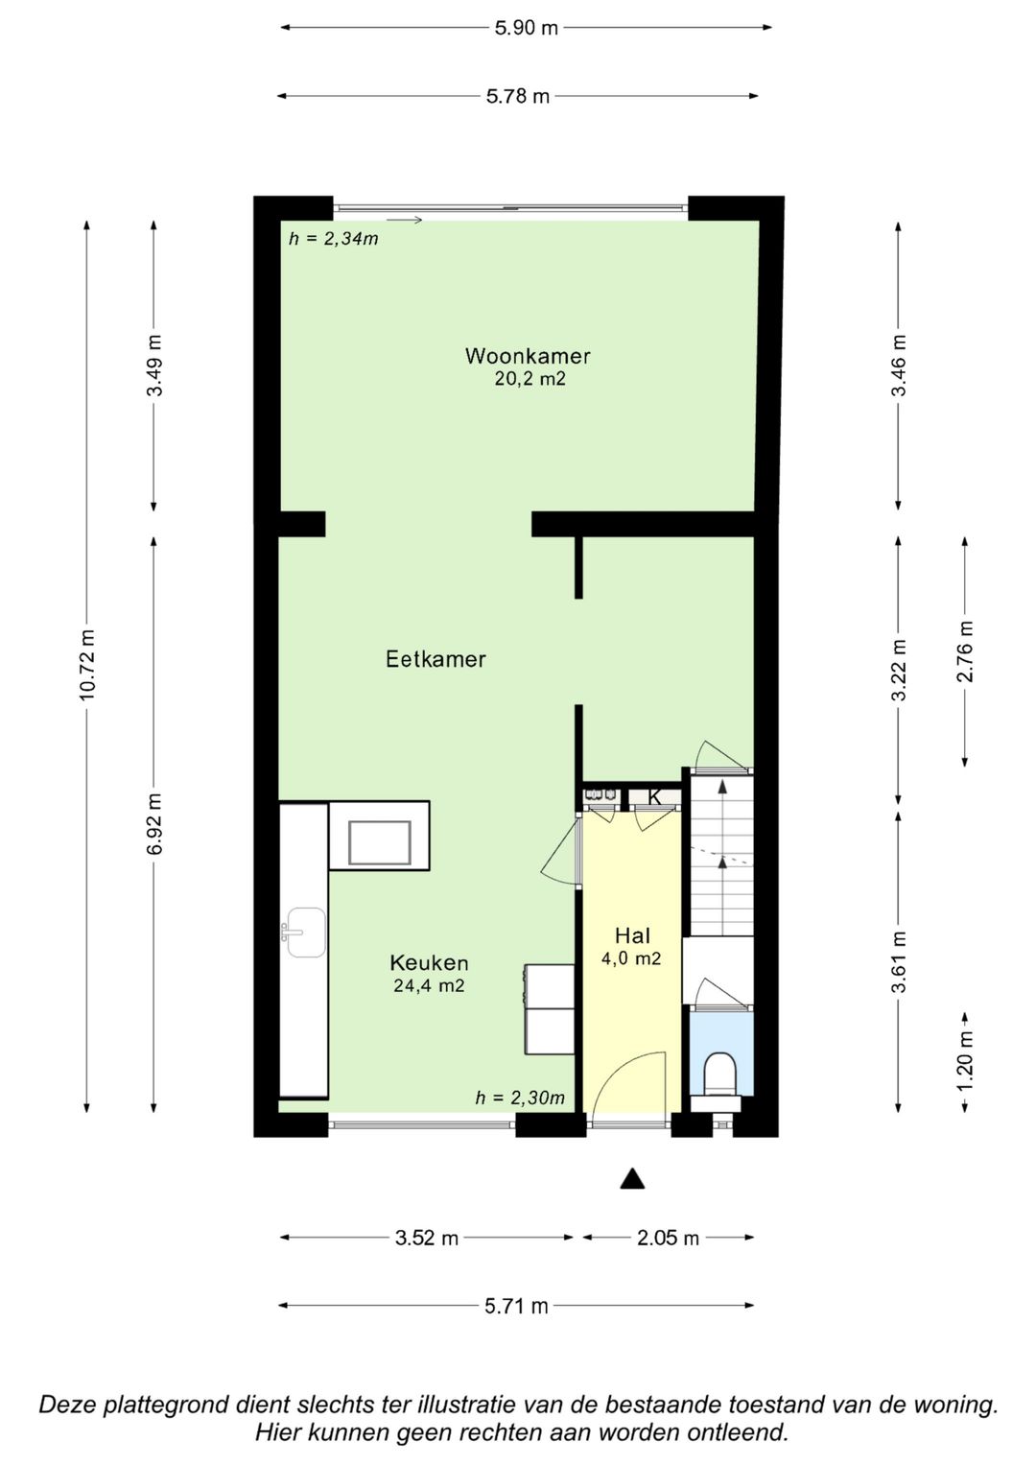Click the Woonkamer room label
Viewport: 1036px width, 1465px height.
(x=528, y=356)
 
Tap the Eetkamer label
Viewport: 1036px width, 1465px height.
(x=436, y=658)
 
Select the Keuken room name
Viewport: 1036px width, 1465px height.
(x=429, y=962)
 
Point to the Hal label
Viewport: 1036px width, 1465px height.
(x=632, y=936)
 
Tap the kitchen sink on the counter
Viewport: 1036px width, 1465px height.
(x=304, y=933)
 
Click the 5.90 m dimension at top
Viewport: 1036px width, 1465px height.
(x=526, y=28)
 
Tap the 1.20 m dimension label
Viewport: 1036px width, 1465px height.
(x=965, y=1060)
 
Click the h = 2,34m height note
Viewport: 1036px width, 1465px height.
(x=334, y=239)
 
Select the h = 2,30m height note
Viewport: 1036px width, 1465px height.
(x=520, y=1099)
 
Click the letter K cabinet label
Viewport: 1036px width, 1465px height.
(x=654, y=797)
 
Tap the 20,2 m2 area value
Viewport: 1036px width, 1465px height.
(x=530, y=379)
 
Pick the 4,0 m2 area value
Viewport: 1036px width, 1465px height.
(x=631, y=958)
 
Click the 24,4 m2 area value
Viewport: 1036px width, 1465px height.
(x=429, y=985)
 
